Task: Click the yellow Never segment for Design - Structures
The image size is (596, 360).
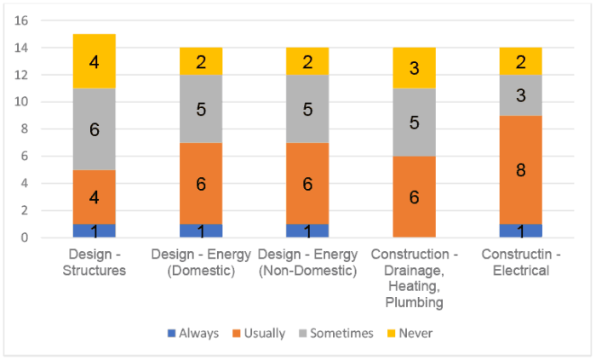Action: click(x=94, y=61)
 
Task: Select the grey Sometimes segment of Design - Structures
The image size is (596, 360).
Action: click(x=94, y=129)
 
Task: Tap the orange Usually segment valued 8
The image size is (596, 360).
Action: click(x=520, y=169)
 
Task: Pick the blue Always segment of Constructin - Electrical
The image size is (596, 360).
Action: click(x=520, y=231)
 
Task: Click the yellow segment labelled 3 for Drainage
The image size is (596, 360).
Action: click(x=414, y=68)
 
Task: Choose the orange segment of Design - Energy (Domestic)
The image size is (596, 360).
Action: click(x=201, y=183)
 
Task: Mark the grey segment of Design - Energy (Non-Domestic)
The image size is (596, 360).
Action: click(x=307, y=108)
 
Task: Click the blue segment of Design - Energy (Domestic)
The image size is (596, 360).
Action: click(x=201, y=231)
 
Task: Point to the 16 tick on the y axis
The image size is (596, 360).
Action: click(x=23, y=20)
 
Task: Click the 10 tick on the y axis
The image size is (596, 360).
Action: click(x=23, y=102)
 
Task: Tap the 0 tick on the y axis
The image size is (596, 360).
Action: click(x=26, y=237)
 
